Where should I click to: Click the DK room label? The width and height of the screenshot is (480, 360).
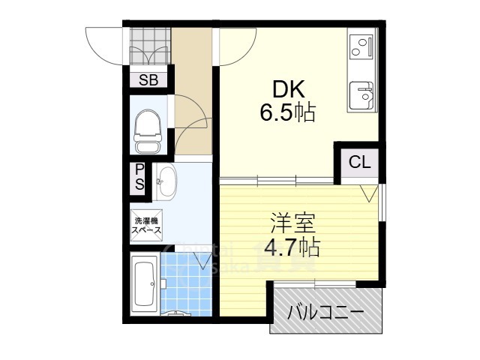pyautogui.click(x=288, y=90)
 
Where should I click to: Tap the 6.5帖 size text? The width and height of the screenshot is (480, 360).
pyautogui.click(x=288, y=113)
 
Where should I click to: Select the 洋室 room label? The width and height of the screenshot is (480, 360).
pyautogui.click(x=293, y=223)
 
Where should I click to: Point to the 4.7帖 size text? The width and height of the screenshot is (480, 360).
pyautogui.click(x=293, y=246)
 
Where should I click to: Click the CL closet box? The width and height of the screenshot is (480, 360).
pyautogui.click(x=358, y=161)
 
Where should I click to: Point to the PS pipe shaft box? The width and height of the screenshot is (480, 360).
pyautogui.click(x=139, y=179)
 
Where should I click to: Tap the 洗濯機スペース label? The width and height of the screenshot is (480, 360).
pyautogui.click(x=146, y=226)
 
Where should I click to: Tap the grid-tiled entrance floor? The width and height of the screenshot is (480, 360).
pyautogui.click(x=148, y=46)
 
